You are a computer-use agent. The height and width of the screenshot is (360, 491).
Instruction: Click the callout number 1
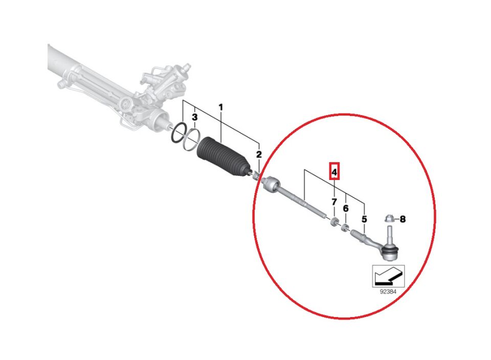pos(221,107)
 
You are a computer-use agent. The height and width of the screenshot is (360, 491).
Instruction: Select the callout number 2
pos(259,154)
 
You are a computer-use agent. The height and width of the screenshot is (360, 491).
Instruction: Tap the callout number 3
pos(194,118)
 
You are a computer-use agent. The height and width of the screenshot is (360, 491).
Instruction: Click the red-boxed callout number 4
pos(334,172)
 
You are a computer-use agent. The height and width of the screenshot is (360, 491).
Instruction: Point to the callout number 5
pos(364,219)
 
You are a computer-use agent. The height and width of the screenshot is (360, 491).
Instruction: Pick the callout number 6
pos(345,208)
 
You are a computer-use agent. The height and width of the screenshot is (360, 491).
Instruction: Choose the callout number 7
pos(334,202)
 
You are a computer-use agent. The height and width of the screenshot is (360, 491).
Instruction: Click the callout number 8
pos(403,219)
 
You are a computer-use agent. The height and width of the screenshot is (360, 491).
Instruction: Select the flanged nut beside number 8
pos(389,218)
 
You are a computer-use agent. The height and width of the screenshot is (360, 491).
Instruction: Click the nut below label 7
pos(334,221)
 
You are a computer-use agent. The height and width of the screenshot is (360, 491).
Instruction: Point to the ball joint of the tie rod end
pos(390,252)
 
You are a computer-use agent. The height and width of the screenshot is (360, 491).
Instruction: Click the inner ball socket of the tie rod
pos(271,184)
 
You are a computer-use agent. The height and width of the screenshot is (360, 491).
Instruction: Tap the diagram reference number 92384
pos(388,291)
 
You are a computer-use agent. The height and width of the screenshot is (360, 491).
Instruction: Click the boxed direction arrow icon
pos(388,276)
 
